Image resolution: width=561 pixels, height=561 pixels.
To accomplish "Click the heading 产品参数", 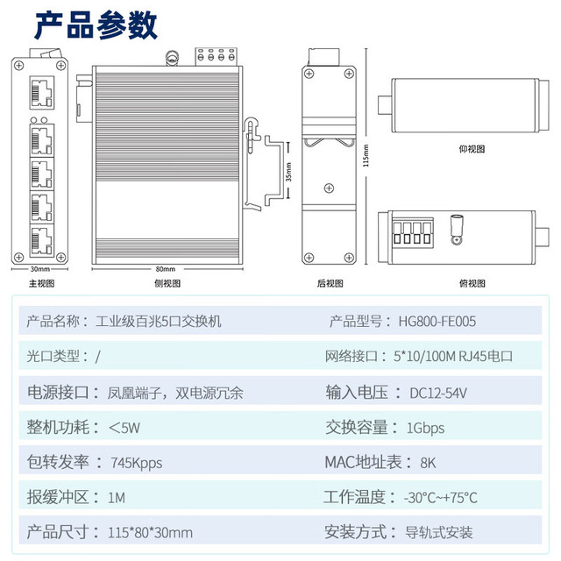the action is tap(96, 25).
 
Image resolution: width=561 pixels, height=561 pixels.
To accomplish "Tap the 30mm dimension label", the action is tap(39, 269).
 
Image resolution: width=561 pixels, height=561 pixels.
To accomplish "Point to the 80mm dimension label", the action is tap(166, 269).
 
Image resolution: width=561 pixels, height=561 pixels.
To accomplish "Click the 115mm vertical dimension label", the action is tap(366, 155).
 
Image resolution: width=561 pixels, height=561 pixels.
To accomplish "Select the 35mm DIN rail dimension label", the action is tap(288, 172).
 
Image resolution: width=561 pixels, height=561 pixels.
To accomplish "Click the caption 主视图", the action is tap(42, 284).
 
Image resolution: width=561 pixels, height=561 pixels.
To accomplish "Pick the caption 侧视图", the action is tap(167, 284).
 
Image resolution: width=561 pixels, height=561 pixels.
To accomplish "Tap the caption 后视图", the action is tap(330, 284).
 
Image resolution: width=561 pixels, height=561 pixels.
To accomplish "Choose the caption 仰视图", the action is tap(472, 149).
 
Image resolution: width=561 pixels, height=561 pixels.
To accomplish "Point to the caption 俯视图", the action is tap(472, 284).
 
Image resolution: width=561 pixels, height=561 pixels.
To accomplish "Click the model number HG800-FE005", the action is tap(437, 322).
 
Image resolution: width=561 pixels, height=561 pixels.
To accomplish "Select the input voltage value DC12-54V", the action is tap(438, 394).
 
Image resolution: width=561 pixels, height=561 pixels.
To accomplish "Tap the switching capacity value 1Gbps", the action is tap(425, 428).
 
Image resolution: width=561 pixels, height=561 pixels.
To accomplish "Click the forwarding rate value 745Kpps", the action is tap(137, 463).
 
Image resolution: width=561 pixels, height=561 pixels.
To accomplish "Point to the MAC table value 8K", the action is tap(428, 463).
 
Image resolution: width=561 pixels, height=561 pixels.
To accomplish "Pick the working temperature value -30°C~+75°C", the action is tap(440, 498).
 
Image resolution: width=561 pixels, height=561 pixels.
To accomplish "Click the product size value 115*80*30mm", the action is tap(150, 532).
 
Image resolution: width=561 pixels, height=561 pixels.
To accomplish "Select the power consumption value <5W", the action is tap(124, 428).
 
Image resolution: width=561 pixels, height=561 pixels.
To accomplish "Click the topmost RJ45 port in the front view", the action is tap(42, 92).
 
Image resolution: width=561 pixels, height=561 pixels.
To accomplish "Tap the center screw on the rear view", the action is tap(330, 188).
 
